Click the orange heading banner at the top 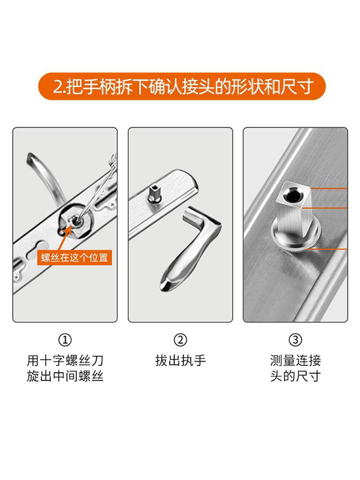point(180,86)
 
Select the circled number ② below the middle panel point(180,340)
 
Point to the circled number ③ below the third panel point(295,340)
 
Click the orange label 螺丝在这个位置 point(75,257)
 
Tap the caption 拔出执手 point(180,360)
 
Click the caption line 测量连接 point(295,360)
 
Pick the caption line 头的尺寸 point(295,376)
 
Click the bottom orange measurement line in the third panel point(331,250)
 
